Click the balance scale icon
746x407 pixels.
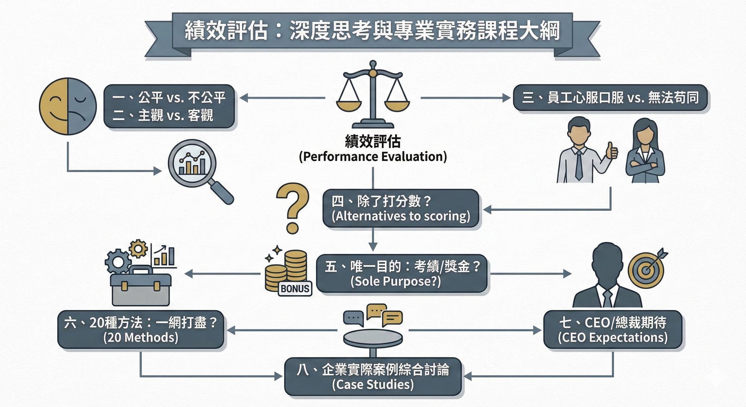pos(373,95)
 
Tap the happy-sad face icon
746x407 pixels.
pos(68,106)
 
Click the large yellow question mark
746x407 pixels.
pos(293,207)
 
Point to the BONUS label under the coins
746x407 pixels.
pos(295,288)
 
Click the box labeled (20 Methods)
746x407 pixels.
pos(141,330)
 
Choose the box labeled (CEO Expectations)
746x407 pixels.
pos(612,330)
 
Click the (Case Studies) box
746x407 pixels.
pos(373,377)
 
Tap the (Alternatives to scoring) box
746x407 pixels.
pos(401,209)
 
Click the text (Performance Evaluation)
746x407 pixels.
pos(373,157)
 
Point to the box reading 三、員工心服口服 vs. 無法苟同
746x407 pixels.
pos(610,98)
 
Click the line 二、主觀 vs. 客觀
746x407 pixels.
pos(163,115)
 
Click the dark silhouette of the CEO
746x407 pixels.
pos(607,276)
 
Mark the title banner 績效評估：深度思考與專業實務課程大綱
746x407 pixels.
pos(372,31)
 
